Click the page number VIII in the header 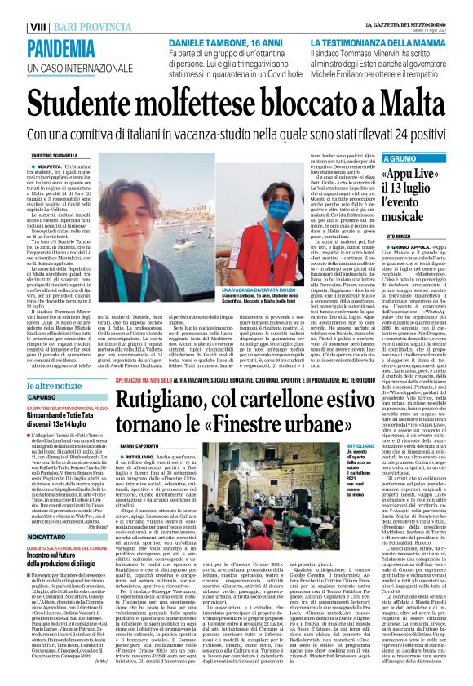[13, 7]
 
